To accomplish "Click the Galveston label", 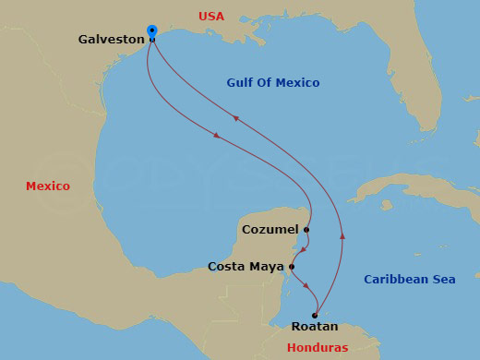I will coord(112,40).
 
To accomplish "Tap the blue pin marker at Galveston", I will coord(151,32).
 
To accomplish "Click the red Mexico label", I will coord(47,186).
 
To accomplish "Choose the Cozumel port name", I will coord(270,229).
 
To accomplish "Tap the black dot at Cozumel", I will coord(306,229).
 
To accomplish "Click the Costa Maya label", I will coord(246,267).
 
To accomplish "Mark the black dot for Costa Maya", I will coord(292,267).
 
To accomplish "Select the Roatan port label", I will coord(315,327).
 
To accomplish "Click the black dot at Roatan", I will coord(315,315).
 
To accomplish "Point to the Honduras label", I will coord(318,348).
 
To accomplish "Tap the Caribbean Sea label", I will coord(409,279).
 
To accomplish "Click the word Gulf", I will coord(241,83).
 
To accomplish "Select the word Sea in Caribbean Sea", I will coord(442,279).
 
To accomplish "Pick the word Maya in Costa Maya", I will coord(267,267).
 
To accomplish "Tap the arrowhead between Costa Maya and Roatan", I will coord(306,285).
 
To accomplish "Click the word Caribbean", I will coord(395,279).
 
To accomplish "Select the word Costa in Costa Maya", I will coord(226,267).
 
